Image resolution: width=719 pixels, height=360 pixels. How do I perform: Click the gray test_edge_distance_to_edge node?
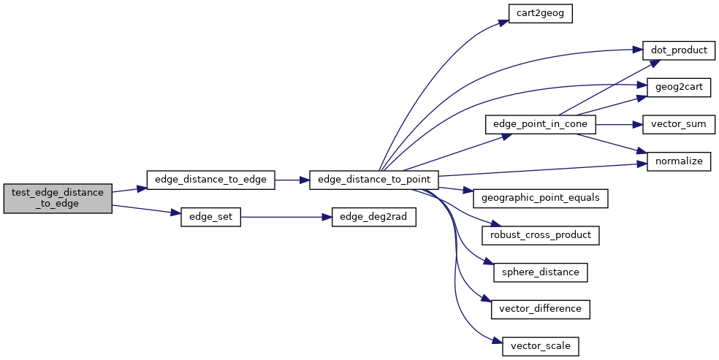point(58,198)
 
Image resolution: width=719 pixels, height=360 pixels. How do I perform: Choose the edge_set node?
point(210,218)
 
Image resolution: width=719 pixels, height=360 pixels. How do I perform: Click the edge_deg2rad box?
point(374,218)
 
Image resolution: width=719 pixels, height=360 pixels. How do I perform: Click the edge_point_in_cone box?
point(540,124)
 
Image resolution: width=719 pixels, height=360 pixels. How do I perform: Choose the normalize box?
point(679,161)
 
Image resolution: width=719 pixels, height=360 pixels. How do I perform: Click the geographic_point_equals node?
point(540,198)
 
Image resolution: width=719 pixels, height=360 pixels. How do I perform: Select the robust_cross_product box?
point(540,235)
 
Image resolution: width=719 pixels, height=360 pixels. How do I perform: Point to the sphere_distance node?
point(540,272)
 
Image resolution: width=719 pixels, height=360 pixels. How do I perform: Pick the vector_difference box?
point(540,308)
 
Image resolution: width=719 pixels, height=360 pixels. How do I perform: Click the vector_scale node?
point(540,345)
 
